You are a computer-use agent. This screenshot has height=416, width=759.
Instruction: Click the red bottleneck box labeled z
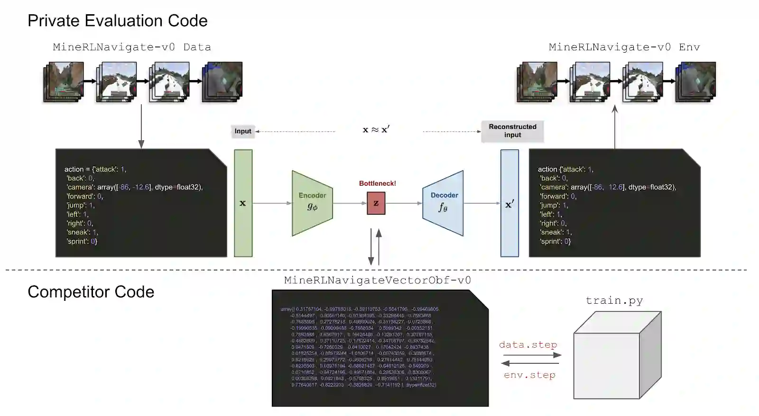376,203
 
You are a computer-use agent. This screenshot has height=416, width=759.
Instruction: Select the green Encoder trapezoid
312,203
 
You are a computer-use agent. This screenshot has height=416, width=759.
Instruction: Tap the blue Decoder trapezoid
443,203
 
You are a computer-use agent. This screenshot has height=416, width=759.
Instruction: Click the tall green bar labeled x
243,203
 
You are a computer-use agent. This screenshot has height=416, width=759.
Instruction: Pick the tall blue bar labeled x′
509,203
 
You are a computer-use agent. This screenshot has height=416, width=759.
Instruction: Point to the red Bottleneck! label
377,183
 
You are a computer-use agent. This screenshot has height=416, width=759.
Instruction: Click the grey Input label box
243,131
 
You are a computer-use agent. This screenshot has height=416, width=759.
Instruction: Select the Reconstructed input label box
512,131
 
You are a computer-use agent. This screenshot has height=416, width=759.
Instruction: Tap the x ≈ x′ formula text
376,130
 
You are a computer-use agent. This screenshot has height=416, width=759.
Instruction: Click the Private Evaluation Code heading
117,21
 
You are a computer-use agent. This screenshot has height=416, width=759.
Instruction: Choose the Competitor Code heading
91,292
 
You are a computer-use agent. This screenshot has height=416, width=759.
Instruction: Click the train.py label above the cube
614,300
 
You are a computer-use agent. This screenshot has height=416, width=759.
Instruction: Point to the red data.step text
528,344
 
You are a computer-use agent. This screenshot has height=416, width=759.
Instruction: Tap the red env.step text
529,375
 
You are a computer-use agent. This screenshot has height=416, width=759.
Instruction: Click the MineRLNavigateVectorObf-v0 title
377,280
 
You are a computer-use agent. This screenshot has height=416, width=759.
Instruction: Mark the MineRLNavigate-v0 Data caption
131,47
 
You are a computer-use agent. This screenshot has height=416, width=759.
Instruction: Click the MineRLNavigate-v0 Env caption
624,47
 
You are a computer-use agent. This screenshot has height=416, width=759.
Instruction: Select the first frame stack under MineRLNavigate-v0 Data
64,82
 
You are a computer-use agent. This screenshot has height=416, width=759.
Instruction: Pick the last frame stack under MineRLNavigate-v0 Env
695,82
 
